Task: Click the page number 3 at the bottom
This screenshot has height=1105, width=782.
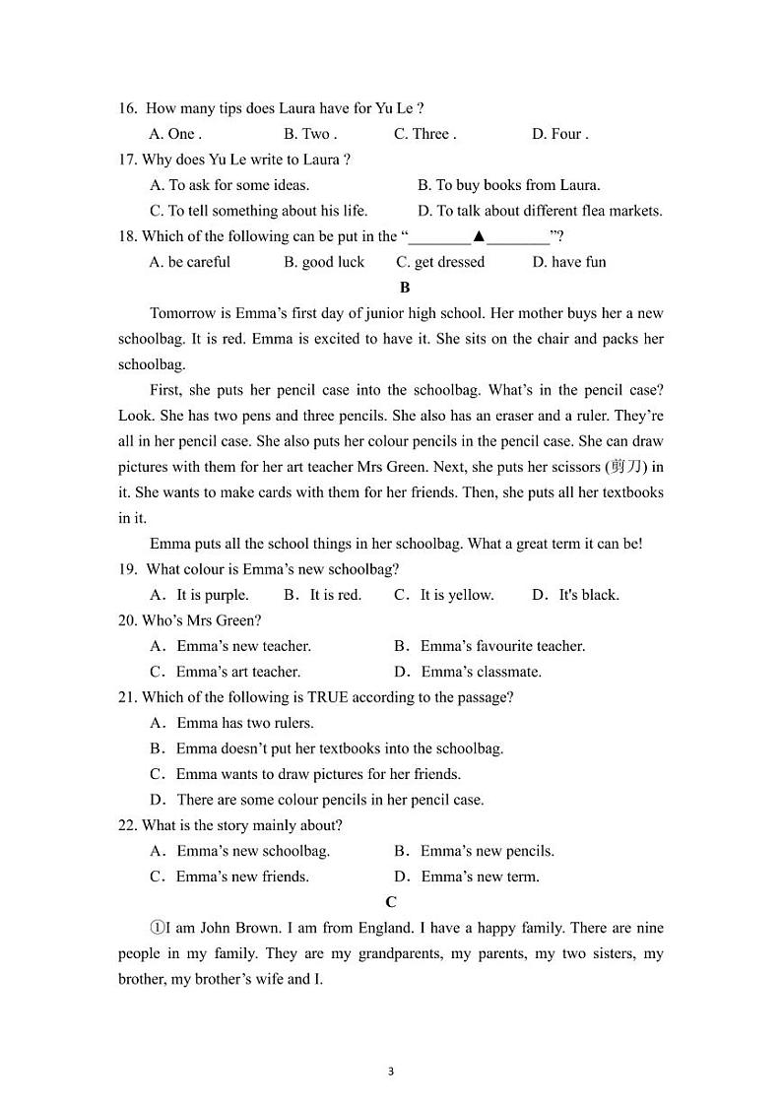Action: [391, 1072]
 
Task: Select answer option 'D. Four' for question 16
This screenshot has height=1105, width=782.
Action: [559, 134]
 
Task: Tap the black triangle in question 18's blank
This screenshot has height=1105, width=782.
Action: [479, 236]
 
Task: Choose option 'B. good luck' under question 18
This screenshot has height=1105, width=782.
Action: [323, 262]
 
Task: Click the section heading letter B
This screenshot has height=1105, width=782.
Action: [404, 288]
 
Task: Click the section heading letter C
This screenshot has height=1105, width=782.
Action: [391, 902]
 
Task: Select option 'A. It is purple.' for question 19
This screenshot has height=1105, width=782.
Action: [199, 595]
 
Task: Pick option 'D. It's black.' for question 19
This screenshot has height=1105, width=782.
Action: [575, 595]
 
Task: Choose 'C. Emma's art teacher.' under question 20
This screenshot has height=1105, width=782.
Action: [225, 672]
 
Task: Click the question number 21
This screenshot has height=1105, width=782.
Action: [127, 697]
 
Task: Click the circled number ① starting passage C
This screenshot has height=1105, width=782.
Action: [157, 928]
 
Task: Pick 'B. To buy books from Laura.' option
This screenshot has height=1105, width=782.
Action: [508, 185]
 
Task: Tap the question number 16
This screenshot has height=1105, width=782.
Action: [127, 108]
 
